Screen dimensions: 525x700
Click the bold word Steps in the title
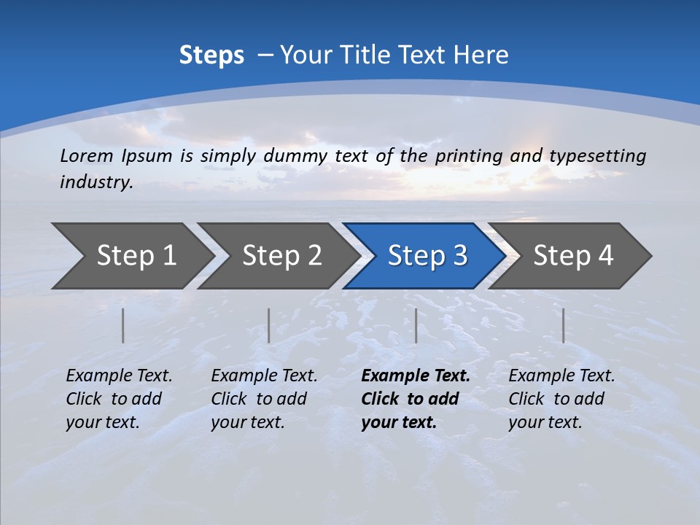point(211,55)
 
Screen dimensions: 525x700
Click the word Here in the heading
point(481,55)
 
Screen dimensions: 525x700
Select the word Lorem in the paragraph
point(87,156)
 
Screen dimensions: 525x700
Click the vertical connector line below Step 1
point(123,325)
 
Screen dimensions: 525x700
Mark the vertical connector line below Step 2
point(269,325)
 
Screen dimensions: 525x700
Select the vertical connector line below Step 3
point(416,325)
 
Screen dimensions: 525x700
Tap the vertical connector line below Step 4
point(563,325)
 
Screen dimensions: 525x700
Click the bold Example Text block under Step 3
point(416,399)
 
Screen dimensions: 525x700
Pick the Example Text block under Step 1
point(119,399)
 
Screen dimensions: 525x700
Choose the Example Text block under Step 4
point(561,399)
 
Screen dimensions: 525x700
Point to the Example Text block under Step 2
point(264,399)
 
